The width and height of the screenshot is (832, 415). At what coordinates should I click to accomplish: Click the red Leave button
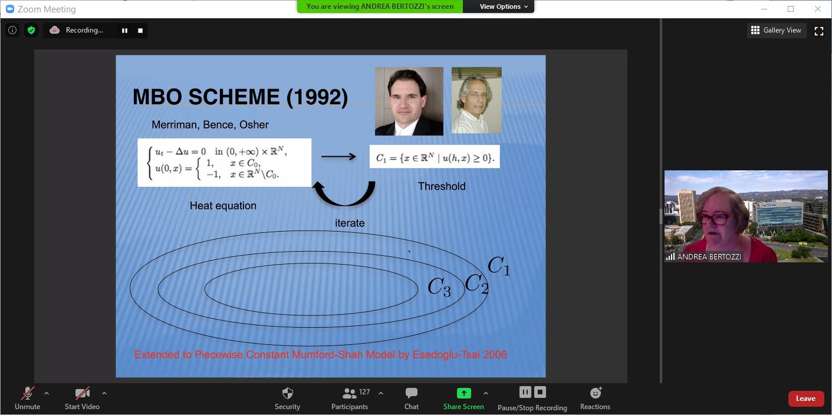pyautogui.click(x=805, y=398)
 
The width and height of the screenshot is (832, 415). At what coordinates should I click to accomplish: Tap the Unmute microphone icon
pyautogui.click(x=28, y=393)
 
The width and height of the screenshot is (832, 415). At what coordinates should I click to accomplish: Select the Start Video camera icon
pyautogui.click(x=82, y=393)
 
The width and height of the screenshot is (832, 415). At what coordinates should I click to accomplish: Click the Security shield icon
pyautogui.click(x=288, y=393)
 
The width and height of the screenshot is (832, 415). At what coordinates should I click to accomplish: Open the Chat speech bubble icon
pyautogui.click(x=412, y=393)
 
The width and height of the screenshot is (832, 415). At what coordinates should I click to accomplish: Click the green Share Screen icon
pyautogui.click(x=463, y=393)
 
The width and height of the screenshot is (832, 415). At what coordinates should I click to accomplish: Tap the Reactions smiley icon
pyautogui.click(x=596, y=393)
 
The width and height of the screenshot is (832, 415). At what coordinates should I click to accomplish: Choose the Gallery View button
pyautogui.click(x=777, y=31)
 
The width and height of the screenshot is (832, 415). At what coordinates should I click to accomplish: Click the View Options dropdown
pyautogui.click(x=504, y=6)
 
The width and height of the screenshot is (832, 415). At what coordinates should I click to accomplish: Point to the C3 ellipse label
pyautogui.click(x=439, y=287)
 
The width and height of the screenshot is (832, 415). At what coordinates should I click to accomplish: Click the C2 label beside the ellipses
pyautogui.click(x=476, y=284)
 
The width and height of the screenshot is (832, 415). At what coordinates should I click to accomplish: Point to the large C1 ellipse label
pyautogui.click(x=498, y=265)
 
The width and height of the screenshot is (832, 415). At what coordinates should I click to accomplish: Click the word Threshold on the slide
pyautogui.click(x=442, y=186)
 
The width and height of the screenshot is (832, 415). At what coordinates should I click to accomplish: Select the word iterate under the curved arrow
pyautogui.click(x=350, y=223)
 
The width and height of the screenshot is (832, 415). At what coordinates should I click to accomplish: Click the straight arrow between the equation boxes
pyautogui.click(x=338, y=157)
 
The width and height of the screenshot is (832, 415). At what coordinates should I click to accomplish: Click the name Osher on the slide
pyautogui.click(x=254, y=124)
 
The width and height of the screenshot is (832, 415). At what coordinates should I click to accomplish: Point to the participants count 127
pyautogui.click(x=364, y=391)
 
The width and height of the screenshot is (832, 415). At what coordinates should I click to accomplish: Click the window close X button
pyautogui.click(x=817, y=9)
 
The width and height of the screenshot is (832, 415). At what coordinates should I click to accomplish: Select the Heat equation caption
pyautogui.click(x=223, y=206)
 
